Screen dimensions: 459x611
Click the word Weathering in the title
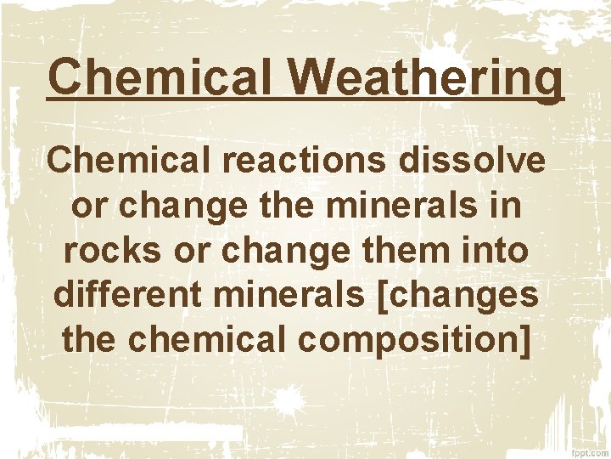pyautogui.click(x=429, y=78)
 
